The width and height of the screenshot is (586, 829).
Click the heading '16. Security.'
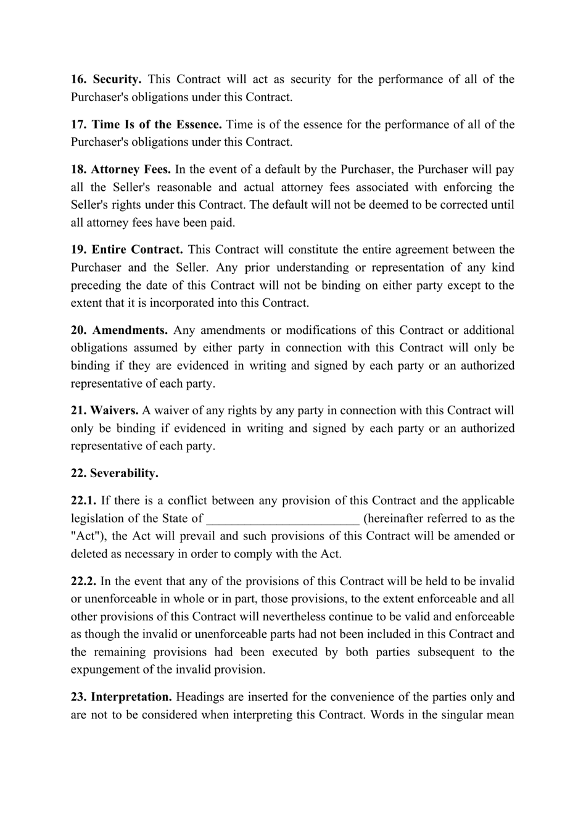[106, 79]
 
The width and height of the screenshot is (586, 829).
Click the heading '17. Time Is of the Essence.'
[146, 124]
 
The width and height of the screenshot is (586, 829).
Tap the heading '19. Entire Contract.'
[126, 249]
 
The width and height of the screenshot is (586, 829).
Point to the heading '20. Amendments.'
[119, 330]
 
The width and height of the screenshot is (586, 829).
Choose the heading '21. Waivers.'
[104, 410]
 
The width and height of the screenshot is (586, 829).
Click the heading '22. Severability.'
[114, 473]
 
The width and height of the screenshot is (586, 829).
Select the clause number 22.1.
[83, 501]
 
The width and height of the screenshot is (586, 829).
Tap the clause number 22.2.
[83, 581]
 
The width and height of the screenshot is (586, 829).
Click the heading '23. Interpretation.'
[121, 697]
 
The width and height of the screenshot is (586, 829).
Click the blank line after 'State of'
[283, 519]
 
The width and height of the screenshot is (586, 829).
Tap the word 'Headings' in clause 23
[198, 697]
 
